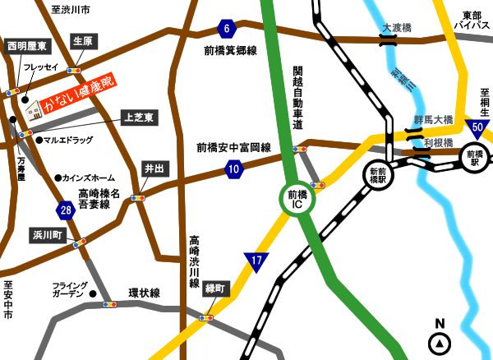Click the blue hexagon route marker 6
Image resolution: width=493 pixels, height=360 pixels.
pyautogui.click(x=227, y=29)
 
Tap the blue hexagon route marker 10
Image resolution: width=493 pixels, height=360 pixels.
pyautogui.click(x=234, y=170)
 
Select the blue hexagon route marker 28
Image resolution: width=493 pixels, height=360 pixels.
pyautogui.click(x=67, y=211)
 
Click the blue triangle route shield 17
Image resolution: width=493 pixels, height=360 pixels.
pyautogui.click(x=257, y=262)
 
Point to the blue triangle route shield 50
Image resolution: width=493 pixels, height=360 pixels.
pyautogui.click(x=476, y=128)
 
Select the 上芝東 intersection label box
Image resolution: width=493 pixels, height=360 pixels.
pyautogui.click(x=138, y=118)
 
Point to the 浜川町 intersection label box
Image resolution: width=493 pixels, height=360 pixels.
pyautogui.click(x=47, y=234)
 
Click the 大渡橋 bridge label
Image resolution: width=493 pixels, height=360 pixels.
pyautogui.click(x=397, y=28)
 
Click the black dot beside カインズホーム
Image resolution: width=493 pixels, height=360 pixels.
pyautogui.click(x=58, y=178)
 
